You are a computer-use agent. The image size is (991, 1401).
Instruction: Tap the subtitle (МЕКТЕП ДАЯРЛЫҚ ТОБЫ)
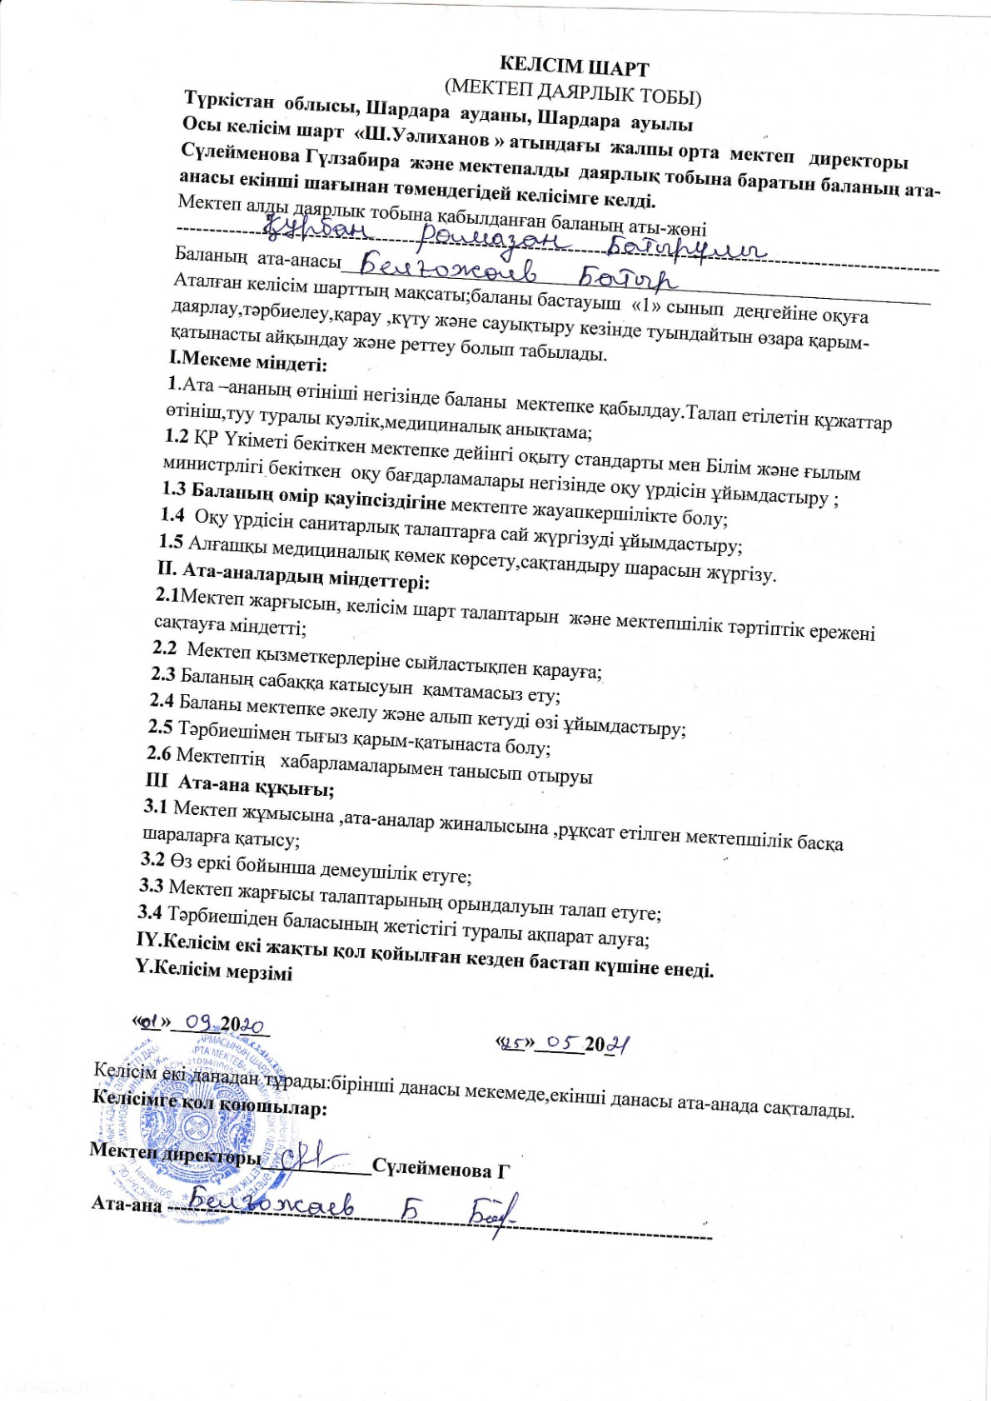point(573,92)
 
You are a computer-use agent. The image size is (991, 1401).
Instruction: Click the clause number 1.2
point(177,435)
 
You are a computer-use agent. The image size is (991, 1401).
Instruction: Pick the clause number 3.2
point(153,857)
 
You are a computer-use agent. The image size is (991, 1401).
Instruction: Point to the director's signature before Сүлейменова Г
point(314,1156)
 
